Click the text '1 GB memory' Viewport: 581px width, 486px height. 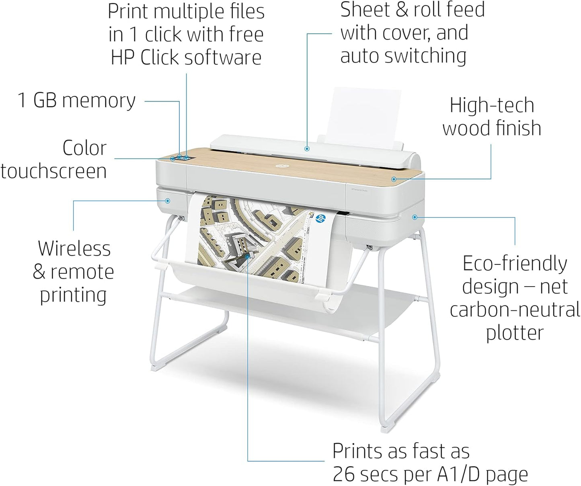point(76,100)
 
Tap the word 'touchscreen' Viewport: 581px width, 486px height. point(53,171)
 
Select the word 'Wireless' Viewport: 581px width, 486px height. point(74,248)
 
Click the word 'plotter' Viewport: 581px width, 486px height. point(515,333)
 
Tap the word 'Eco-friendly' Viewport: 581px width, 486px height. point(515,264)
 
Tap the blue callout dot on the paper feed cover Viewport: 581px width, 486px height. point(307,149)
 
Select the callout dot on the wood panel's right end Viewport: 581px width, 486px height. point(394,179)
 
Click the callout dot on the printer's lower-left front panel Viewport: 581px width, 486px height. point(168,201)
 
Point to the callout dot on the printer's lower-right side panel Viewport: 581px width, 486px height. point(415,217)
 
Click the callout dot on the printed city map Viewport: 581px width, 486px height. point(248,256)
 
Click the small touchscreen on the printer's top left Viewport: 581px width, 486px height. point(185,158)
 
